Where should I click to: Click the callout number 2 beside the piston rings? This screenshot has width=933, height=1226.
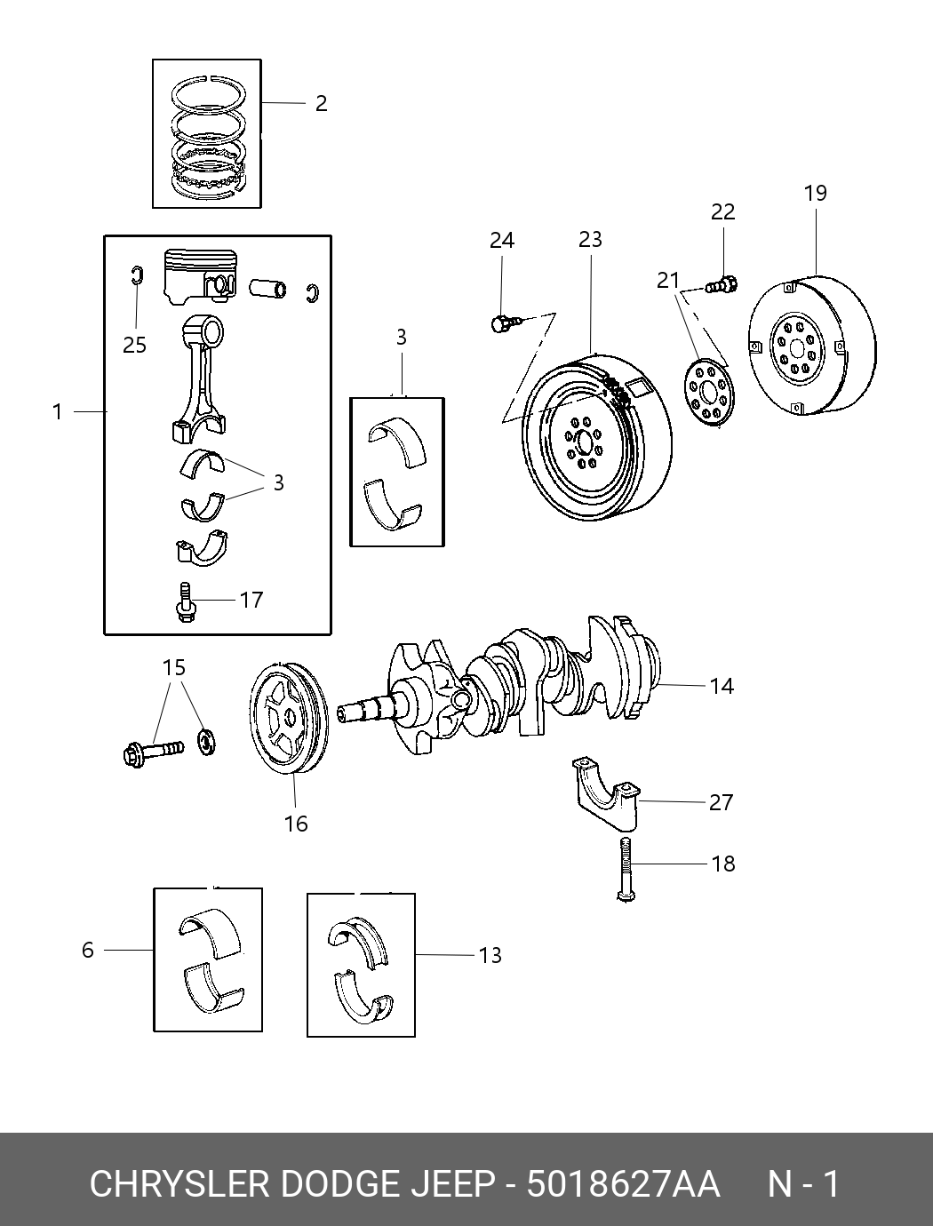(321, 104)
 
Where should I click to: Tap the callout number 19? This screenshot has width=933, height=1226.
(815, 194)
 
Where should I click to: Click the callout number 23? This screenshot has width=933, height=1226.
(590, 240)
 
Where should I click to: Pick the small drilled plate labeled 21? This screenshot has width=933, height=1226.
(709, 393)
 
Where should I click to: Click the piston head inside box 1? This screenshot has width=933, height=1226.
(200, 277)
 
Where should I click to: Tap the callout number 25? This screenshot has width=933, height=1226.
(134, 346)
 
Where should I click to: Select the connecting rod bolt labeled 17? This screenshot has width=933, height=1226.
(186, 602)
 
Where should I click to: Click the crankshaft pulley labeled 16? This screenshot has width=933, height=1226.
(289, 718)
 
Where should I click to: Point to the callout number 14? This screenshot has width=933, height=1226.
(722, 686)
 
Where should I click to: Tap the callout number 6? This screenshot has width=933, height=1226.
(88, 950)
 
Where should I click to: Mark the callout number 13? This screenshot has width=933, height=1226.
(490, 956)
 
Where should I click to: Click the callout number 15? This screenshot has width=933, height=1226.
(174, 667)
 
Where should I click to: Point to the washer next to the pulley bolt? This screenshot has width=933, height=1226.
(207, 741)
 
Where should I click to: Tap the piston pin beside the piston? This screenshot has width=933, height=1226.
(267, 288)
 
